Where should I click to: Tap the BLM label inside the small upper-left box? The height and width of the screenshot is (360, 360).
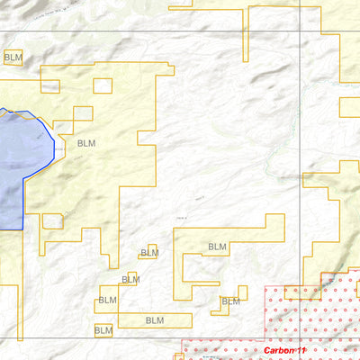[13, 58]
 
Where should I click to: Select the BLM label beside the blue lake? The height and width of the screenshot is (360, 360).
[86, 143]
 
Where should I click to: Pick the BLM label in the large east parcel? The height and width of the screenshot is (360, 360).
[218, 247]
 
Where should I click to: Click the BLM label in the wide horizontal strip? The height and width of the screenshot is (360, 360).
[155, 319]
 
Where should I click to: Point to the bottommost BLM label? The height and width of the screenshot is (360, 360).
[104, 331]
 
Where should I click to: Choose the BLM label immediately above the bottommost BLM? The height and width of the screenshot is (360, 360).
[108, 300]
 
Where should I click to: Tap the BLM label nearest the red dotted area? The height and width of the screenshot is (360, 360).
[231, 302]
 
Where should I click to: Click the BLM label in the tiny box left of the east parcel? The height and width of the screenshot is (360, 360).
[149, 253]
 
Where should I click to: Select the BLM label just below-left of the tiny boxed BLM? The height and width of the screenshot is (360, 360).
[130, 280]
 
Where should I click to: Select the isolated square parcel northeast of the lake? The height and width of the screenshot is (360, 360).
[103, 86]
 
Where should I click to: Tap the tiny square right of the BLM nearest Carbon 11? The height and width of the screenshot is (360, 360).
[242, 292]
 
